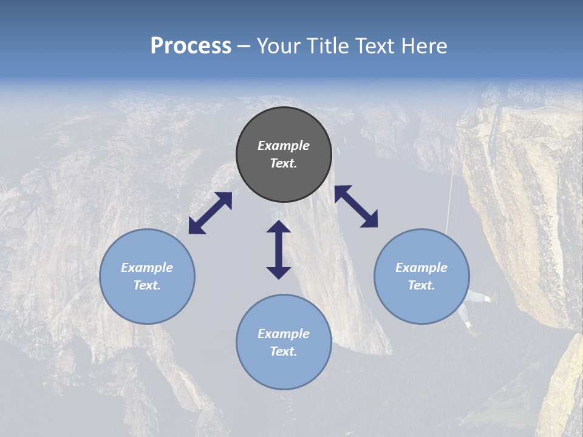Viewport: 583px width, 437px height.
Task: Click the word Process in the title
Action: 191,46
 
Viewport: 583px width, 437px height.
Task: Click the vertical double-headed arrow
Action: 279,249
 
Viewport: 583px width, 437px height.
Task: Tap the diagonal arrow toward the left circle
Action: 210,213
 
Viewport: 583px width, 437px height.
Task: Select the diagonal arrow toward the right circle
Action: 356,206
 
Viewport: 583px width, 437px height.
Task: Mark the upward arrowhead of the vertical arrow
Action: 279,226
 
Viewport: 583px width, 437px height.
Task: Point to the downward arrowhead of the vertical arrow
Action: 279,273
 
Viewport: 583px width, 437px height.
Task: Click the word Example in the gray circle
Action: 284,146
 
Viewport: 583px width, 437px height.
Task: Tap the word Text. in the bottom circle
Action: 284,351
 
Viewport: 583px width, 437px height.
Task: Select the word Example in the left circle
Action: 147,268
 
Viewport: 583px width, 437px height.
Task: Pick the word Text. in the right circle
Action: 421,285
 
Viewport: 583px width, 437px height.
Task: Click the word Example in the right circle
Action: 421,268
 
